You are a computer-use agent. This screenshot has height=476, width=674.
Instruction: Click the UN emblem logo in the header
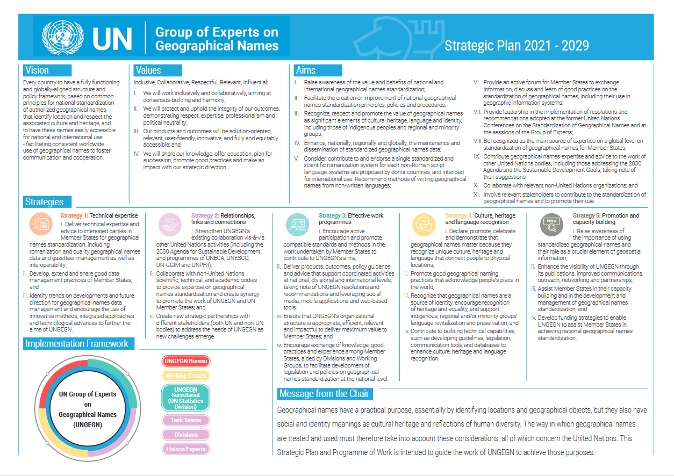point(63,37)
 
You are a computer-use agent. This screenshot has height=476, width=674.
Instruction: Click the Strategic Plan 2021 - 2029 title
point(517,46)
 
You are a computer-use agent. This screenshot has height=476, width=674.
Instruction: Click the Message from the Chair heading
point(324,394)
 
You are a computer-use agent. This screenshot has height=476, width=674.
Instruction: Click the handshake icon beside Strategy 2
point(171,225)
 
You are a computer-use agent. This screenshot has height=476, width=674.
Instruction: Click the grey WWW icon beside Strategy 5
point(551,225)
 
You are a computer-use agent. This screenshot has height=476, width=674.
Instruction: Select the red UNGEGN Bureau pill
point(185,361)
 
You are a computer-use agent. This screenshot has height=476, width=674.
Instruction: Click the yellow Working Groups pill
point(185,376)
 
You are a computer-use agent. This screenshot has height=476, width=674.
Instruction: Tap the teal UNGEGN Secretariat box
point(185,398)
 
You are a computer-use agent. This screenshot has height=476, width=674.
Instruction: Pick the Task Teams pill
point(185,420)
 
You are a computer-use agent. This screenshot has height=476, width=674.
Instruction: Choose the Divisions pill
point(185,435)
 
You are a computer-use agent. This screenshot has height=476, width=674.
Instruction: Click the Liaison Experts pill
point(185,449)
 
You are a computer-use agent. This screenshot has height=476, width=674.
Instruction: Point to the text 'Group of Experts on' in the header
point(217,32)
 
